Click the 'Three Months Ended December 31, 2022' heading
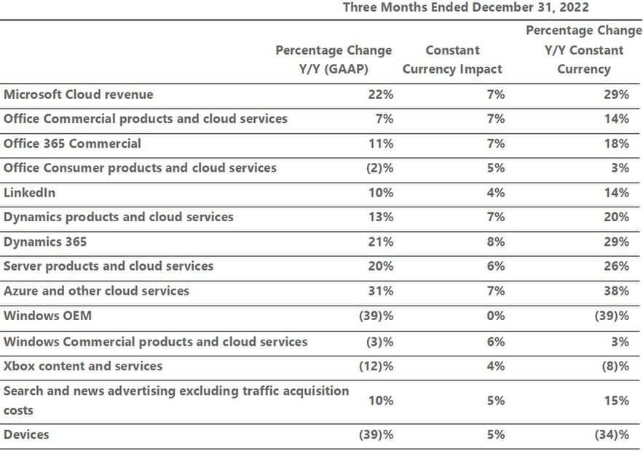(465, 8)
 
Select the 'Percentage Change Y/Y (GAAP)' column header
(334, 60)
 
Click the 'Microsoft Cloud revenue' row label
(79, 95)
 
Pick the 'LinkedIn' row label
(29, 193)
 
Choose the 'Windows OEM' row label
(47, 316)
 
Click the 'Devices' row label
(26, 434)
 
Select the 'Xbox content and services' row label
(83, 365)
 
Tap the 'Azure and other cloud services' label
(96, 291)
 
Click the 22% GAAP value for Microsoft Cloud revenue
(382, 95)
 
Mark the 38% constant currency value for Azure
(616, 291)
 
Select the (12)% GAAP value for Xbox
(376, 366)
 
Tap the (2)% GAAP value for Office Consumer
(379, 169)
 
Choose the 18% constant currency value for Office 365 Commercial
(616, 144)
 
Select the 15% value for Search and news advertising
(616, 401)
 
